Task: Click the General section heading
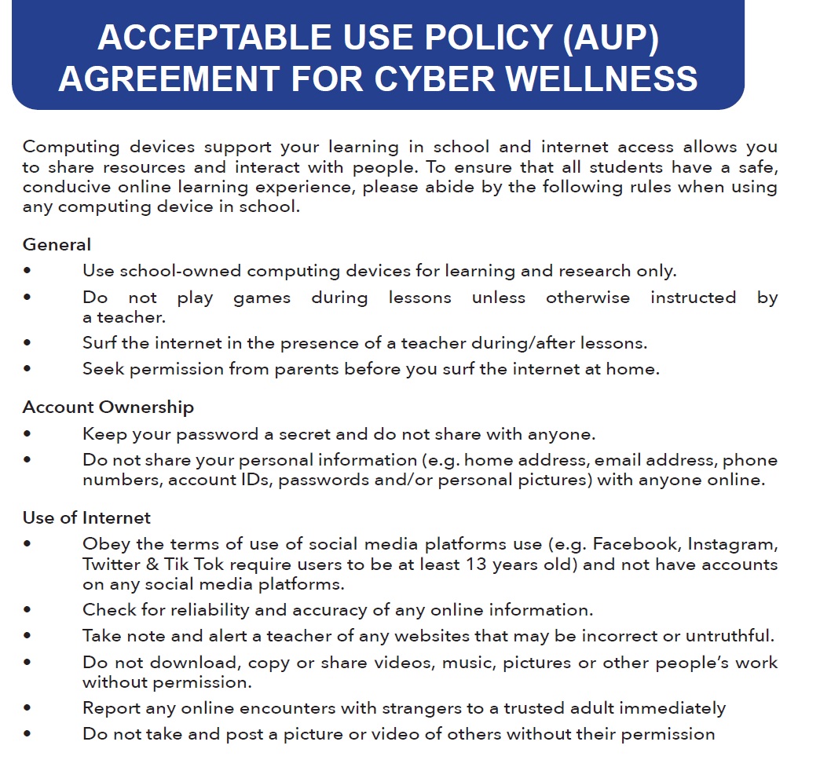pyautogui.click(x=57, y=245)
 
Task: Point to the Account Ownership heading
pyautogui.click(x=108, y=407)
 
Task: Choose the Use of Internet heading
pyautogui.click(x=86, y=518)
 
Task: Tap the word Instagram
pyautogui.click(x=734, y=544)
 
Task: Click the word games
pyautogui.click(x=262, y=298)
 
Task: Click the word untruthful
pyautogui.click(x=730, y=636)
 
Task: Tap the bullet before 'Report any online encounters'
pyautogui.click(x=28, y=708)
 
